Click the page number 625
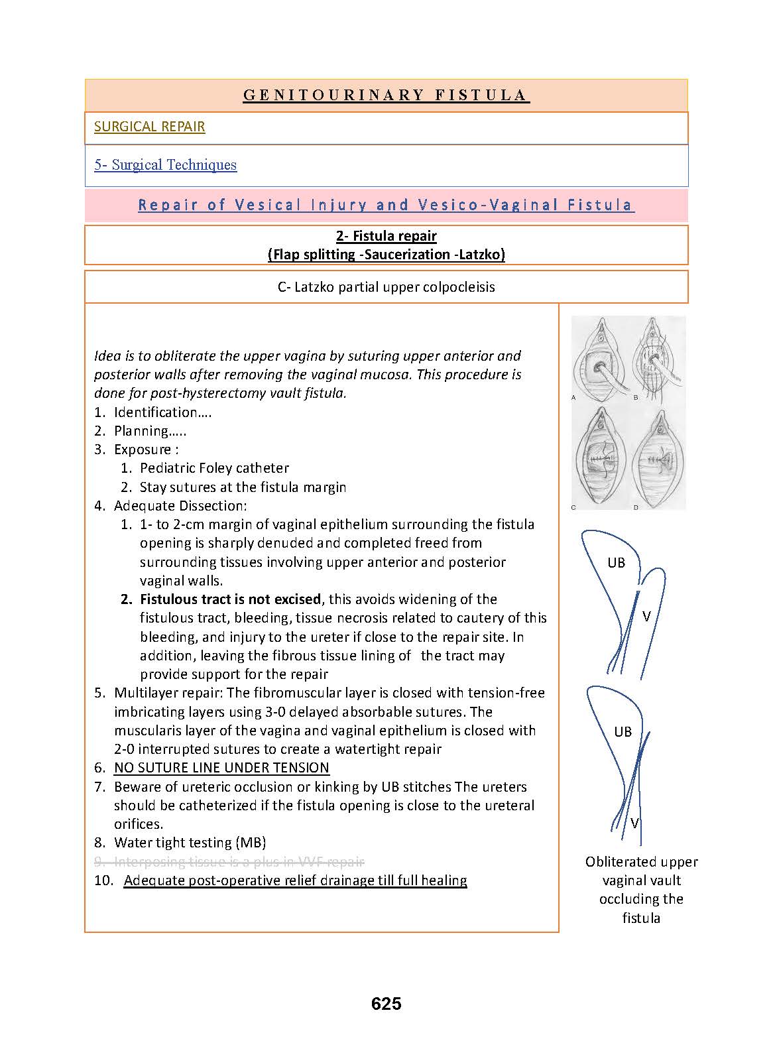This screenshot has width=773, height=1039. [386, 1004]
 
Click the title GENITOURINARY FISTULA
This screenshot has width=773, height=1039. [386, 95]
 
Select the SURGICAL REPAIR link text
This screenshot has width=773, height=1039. [149, 127]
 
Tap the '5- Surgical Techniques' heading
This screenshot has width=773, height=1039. [165, 165]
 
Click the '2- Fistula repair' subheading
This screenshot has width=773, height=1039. [386, 236]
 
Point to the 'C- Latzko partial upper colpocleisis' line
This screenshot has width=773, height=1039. [386, 287]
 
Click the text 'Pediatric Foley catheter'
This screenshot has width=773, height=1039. [214, 468]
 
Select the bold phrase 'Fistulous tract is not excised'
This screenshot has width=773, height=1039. [230, 599]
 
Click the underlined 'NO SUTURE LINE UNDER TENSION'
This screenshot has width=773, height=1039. [221, 768]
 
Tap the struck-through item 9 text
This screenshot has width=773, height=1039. [239, 862]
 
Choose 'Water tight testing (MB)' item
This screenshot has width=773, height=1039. [190, 843]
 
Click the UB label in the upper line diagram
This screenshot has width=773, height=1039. [616, 563]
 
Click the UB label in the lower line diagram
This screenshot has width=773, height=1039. [623, 732]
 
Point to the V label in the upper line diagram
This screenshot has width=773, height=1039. [646, 617]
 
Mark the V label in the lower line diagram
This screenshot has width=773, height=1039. [634, 824]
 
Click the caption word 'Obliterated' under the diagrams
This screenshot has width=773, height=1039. [617, 862]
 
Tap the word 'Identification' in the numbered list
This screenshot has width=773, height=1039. [156, 412]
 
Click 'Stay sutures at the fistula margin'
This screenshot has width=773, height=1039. [243, 487]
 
